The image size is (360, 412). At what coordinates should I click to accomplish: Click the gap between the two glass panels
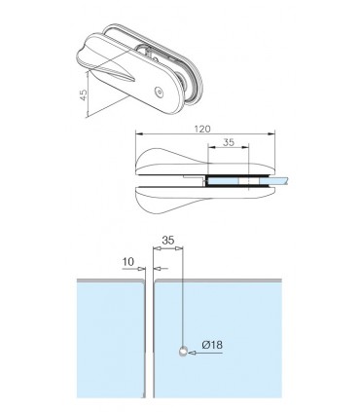coord(149,341)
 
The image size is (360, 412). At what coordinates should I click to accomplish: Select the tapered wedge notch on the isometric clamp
coord(117,68)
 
